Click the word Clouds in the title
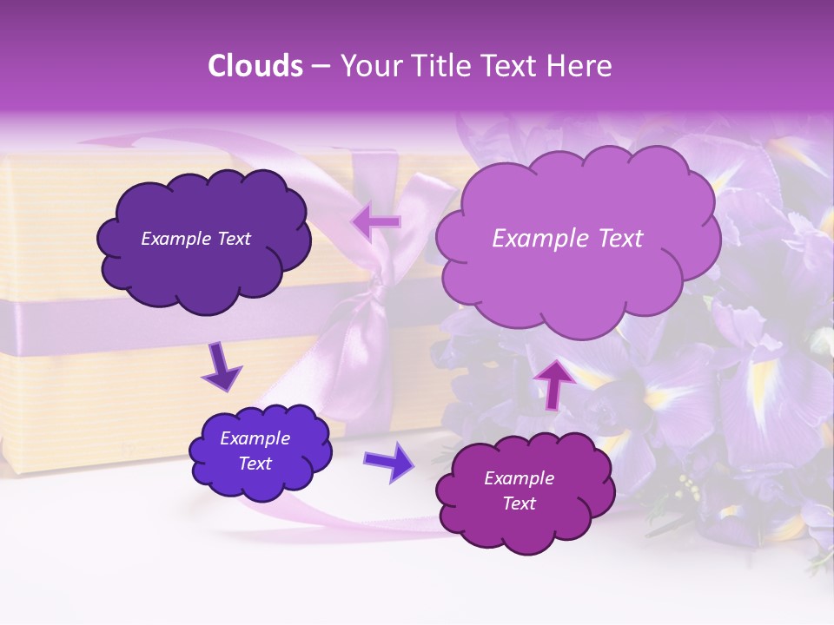pyautogui.click(x=255, y=66)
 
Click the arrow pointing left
pyautogui.click(x=377, y=222)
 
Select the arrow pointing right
pyautogui.click(x=390, y=462)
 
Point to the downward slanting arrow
pyautogui.click(x=222, y=367)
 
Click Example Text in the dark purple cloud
pyautogui.click(x=195, y=239)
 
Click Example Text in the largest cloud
pyautogui.click(x=567, y=239)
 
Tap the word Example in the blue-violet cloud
pyautogui.click(x=255, y=438)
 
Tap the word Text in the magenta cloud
pyautogui.click(x=520, y=503)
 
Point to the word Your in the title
pyautogui.click(x=367, y=66)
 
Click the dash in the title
pyautogui.click(x=320, y=66)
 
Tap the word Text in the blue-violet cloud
pyautogui.click(x=255, y=464)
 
